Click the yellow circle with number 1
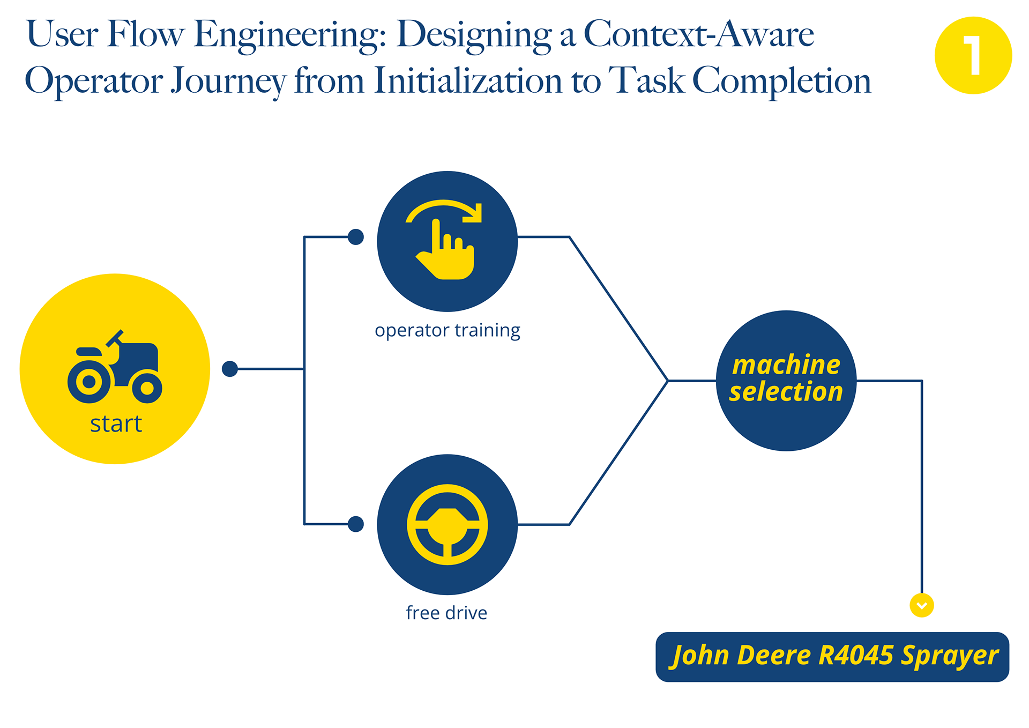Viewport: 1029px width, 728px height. (973, 55)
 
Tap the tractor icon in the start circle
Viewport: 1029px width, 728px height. (115, 367)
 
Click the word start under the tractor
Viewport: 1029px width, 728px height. (116, 424)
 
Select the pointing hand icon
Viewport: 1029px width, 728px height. (445, 249)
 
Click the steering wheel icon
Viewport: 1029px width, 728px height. (447, 524)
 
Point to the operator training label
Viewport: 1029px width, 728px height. (448, 330)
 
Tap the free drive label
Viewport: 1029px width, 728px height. (446, 613)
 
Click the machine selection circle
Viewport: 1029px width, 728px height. (786, 381)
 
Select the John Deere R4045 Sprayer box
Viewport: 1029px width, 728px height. (832, 657)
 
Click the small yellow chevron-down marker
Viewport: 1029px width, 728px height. (922, 606)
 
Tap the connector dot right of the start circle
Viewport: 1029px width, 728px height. (230, 369)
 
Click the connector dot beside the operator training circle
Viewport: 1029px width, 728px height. (356, 236)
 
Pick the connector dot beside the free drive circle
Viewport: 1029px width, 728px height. (356, 524)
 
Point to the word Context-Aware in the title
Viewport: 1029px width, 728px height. (699, 34)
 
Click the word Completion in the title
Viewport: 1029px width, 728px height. (782, 81)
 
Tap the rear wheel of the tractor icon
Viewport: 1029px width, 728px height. (90, 381)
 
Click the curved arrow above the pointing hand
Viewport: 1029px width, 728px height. (444, 211)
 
